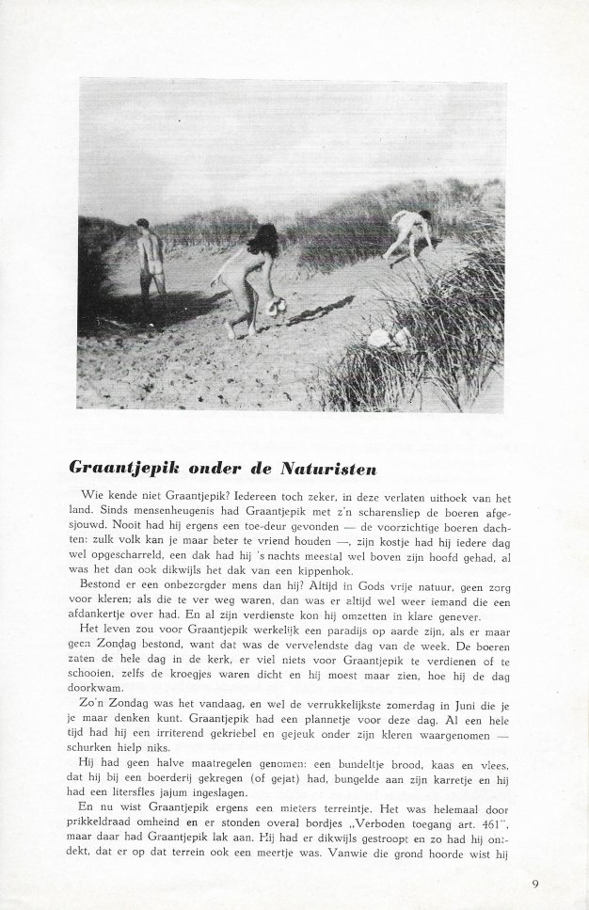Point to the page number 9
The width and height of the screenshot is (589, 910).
tap(534, 883)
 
